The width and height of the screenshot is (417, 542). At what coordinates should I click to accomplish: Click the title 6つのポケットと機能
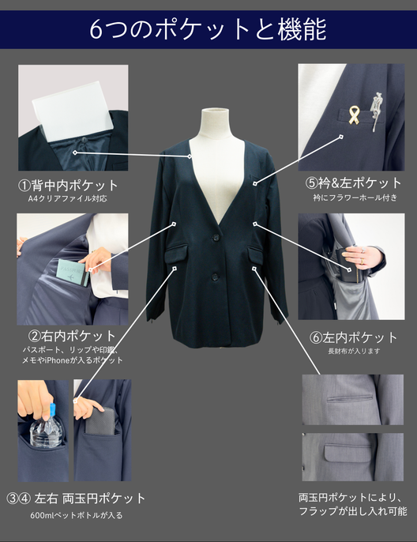[x=208, y=29]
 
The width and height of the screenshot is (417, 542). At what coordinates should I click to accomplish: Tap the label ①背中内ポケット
[x=68, y=186]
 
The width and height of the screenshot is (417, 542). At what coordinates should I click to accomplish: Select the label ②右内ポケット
[x=72, y=336]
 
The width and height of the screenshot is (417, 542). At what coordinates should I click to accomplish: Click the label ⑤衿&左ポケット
[x=353, y=183]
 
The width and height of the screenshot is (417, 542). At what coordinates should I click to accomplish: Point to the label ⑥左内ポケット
[x=353, y=337]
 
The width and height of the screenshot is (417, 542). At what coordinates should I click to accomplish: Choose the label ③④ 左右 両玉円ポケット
[x=76, y=499]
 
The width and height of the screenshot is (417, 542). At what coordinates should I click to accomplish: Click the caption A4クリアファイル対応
[x=68, y=199]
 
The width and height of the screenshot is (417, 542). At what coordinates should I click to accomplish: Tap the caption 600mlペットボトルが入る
[x=76, y=515]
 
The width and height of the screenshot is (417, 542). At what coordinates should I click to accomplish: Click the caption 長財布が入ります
[x=354, y=351]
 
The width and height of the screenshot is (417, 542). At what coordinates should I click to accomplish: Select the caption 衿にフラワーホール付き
[x=355, y=198]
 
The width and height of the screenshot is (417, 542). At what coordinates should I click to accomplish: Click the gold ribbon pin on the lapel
[x=354, y=115]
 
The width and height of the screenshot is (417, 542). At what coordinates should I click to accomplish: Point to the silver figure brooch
[x=376, y=111]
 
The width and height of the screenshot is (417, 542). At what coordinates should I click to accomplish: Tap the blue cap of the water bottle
[x=52, y=410]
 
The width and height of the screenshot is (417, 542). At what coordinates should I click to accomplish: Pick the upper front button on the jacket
[x=216, y=238]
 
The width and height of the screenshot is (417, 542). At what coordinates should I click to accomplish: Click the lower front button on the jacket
[x=215, y=277]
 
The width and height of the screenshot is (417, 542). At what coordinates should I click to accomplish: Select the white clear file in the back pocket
[x=74, y=111]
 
